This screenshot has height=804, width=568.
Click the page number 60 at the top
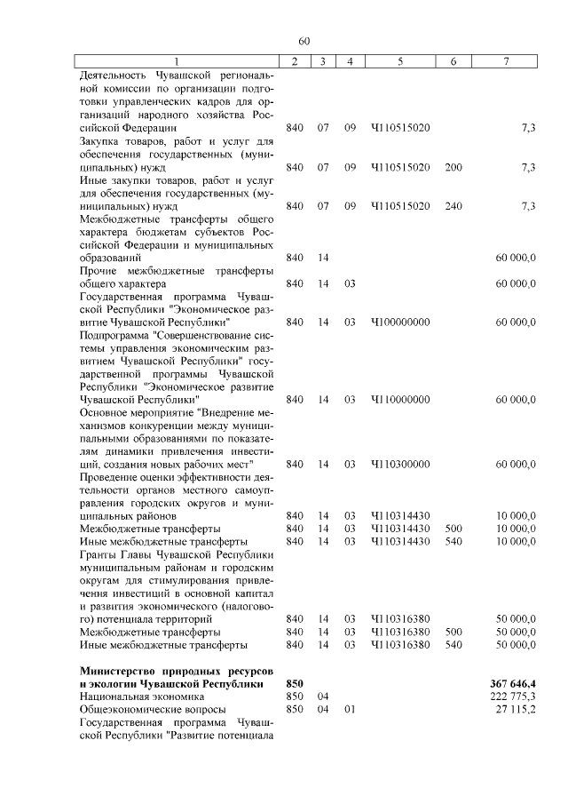coord(304,41)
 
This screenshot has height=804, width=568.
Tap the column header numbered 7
coord(506,60)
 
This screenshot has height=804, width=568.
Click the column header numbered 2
coord(295,60)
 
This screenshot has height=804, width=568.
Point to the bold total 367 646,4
coord(512,683)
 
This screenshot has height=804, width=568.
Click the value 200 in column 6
coord(454,167)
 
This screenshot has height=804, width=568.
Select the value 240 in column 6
coord(454,206)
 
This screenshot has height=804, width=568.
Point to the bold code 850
coord(295,683)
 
